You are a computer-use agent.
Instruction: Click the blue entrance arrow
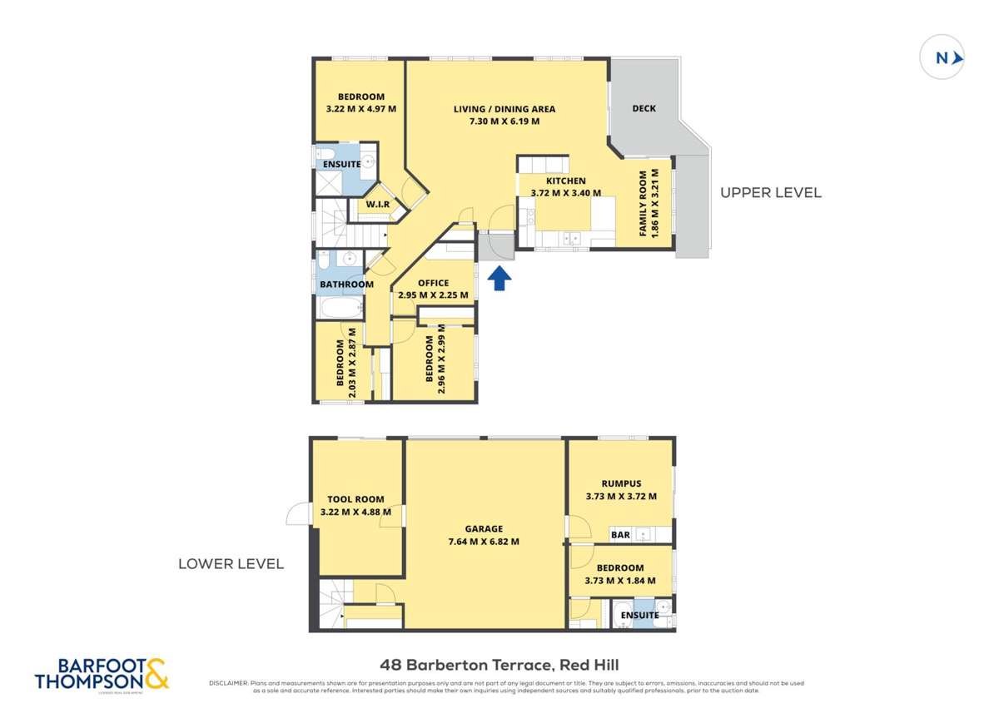click(x=498, y=278)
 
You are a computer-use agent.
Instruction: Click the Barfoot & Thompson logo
click(x=102, y=673)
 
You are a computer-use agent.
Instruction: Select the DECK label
click(x=644, y=108)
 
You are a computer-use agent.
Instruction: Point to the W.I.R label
click(x=377, y=204)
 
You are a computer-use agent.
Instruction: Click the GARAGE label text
click(x=484, y=528)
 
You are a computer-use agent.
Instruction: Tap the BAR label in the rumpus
click(x=620, y=535)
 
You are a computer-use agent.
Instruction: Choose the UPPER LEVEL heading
click(x=770, y=192)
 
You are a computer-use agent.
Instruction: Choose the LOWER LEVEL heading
click(x=231, y=563)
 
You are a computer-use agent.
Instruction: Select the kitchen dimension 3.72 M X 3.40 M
click(x=565, y=193)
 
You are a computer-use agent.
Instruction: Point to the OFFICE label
click(x=433, y=283)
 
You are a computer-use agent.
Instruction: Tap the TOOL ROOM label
click(x=355, y=499)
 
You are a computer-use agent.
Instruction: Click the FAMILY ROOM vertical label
click(x=644, y=204)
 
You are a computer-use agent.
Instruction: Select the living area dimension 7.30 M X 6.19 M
click(x=504, y=121)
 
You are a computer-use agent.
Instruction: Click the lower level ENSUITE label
click(x=639, y=616)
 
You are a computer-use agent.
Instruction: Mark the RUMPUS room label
click(x=621, y=483)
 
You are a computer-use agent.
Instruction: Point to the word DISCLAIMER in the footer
click(x=227, y=683)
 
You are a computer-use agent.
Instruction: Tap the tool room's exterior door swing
click(x=296, y=516)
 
